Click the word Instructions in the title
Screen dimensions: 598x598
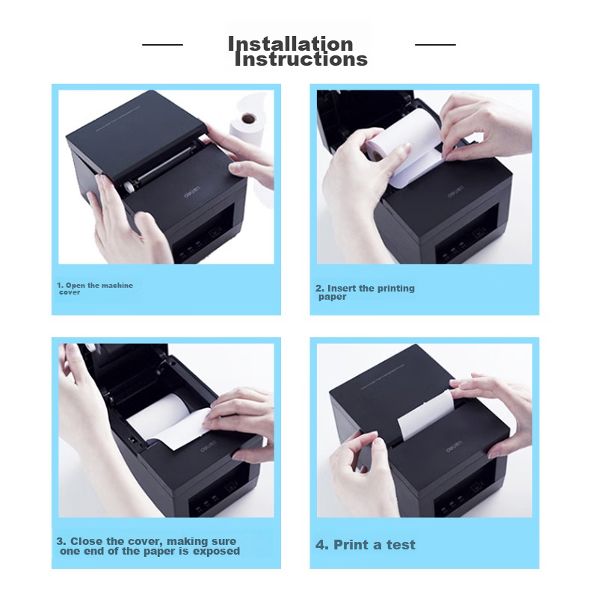click(301, 60)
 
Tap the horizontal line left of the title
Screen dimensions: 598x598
click(162, 45)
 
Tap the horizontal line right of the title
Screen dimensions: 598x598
click(435, 45)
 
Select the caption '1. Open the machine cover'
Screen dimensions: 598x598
click(95, 289)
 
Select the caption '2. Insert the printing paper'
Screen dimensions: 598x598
click(365, 292)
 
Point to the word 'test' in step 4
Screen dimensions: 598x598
click(401, 545)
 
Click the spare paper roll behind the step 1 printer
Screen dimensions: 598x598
click(248, 129)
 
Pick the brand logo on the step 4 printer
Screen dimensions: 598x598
click(454, 447)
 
